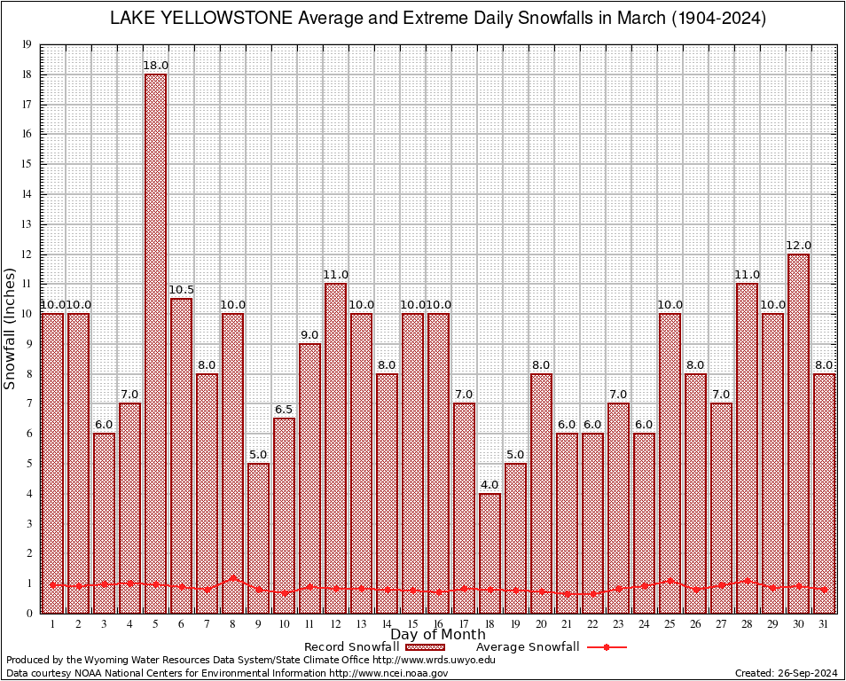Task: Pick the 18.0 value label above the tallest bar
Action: click(155, 66)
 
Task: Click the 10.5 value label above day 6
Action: click(181, 290)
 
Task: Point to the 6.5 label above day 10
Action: click(284, 410)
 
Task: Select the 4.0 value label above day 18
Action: click(490, 485)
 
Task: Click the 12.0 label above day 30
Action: click(798, 246)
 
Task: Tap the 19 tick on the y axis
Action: click(27, 44)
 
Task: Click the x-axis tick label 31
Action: click(824, 624)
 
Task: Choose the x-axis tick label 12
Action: click(335, 624)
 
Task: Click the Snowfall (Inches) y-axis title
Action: click(11, 329)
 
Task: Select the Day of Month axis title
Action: click(438, 635)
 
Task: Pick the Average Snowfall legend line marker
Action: click(607, 647)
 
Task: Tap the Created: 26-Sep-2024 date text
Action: click(787, 673)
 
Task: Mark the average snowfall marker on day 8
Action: click(232, 578)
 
